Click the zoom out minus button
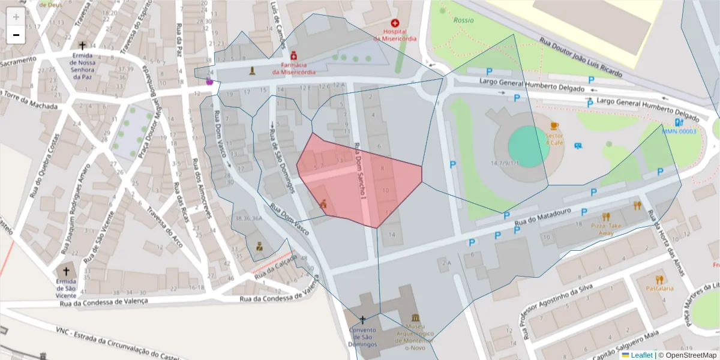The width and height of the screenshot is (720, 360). pyautogui.click(x=16, y=35)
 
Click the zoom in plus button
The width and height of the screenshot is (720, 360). pyautogui.click(x=16, y=17)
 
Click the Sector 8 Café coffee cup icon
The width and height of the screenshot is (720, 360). pyautogui.click(x=554, y=126)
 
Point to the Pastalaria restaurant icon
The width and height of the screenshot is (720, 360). pyautogui.click(x=659, y=279)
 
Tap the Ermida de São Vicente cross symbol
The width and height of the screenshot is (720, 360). pyautogui.click(x=66, y=271)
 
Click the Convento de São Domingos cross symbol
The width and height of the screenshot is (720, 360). pyautogui.click(x=362, y=319)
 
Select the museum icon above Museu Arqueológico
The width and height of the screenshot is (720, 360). pyautogui.click(x=415, y=317)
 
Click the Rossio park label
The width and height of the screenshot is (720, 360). pyautogui.click(x=463, y=20)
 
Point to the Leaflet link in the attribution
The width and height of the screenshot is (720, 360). pyautogui.click(x=641, y=355)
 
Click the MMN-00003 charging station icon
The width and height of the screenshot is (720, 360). pyautogui.click(x=679, y=122)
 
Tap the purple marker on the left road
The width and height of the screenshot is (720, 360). pyautogui.click(x=209, y=82)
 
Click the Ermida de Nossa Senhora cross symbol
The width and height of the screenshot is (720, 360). pyautogui.click(x=82, y=46)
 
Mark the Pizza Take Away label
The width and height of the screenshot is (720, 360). pyautogui.click(x=606, y=228)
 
